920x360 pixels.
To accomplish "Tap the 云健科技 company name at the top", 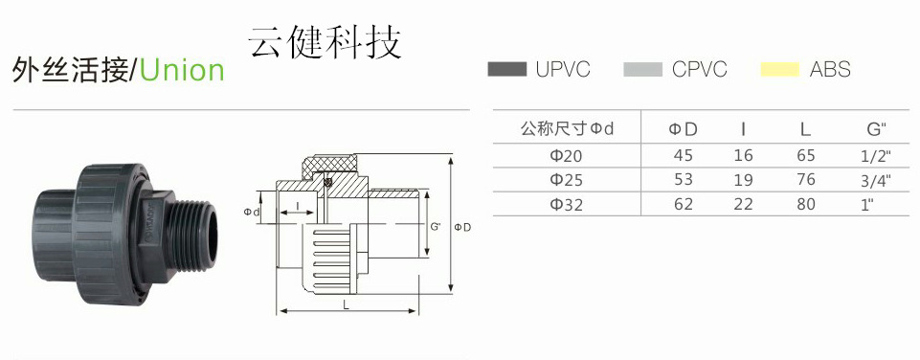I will [x=325, y=41].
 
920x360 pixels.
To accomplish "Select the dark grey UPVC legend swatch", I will [x=507, y=69].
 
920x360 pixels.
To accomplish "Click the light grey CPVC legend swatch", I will [x=642, y=69].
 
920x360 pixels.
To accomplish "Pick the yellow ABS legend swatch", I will [x=779, y=69].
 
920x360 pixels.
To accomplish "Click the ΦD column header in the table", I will [x=683, y=128].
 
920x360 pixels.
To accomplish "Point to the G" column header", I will [x=875, y=128].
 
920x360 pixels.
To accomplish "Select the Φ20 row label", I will [x=565, y=155].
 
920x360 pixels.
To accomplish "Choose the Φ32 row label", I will [x=565, y=204].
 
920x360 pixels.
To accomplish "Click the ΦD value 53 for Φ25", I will [x=684, y=180].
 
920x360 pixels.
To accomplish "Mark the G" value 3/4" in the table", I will [x=875, y=180].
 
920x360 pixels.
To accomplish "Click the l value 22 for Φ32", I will [x=743, y=204].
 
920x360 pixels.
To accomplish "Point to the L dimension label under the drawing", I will [x=343, y=304].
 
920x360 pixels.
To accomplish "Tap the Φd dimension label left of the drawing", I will [x=252, y=211].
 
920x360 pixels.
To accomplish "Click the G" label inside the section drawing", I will [x=435, y=227].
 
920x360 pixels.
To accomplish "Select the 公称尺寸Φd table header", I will [x=565, y=128].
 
